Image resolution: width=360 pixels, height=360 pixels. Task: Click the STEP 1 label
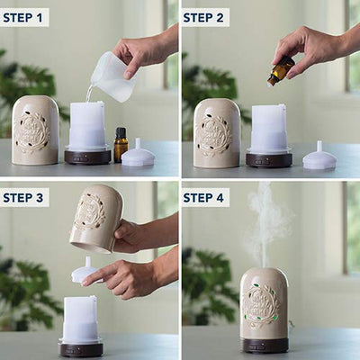pos(23,18)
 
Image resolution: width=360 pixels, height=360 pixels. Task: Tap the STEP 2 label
pos(203,18)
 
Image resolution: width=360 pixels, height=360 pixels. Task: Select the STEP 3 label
pos(23,198)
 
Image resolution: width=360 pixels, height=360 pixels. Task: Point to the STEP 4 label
pos(203,198)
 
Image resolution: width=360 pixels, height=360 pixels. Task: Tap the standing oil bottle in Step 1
pos(121,145)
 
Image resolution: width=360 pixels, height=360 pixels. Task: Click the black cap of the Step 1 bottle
pos(121,132)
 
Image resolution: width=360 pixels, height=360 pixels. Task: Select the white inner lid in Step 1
pos(139,153)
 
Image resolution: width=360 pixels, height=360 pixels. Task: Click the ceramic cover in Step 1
pos(35,130)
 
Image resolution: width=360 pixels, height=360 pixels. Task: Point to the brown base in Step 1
pos(87,157)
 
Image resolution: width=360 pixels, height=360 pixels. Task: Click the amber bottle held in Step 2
pos(281,71)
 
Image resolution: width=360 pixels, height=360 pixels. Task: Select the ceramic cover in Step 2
pos(217,133)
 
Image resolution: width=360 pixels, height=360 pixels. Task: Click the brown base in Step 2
pos(269,160)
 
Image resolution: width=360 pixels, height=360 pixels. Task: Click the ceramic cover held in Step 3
pos(96,219)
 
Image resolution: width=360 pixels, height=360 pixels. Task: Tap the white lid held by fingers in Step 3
pos(86,270)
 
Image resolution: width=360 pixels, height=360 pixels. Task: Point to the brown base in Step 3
pos(82,349)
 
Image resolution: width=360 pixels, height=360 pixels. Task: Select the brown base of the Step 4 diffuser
pos(265,345)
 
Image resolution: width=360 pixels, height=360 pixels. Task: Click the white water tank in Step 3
pos(80,319)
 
